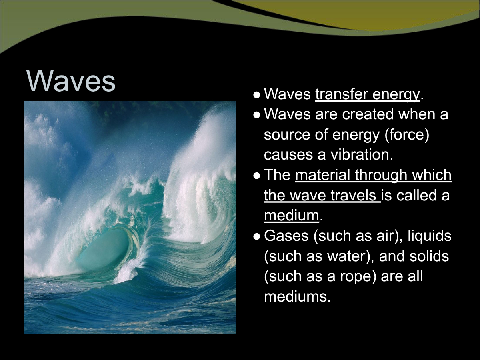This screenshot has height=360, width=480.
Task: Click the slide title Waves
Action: (71, 81)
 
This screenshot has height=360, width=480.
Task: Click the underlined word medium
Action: (292, 216)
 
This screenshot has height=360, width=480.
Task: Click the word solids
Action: (429, 256)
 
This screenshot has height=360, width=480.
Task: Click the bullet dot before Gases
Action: (257, 236)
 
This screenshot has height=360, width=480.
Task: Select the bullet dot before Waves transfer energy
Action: (257, 95)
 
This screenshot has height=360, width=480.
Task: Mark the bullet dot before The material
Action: (257, 176)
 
